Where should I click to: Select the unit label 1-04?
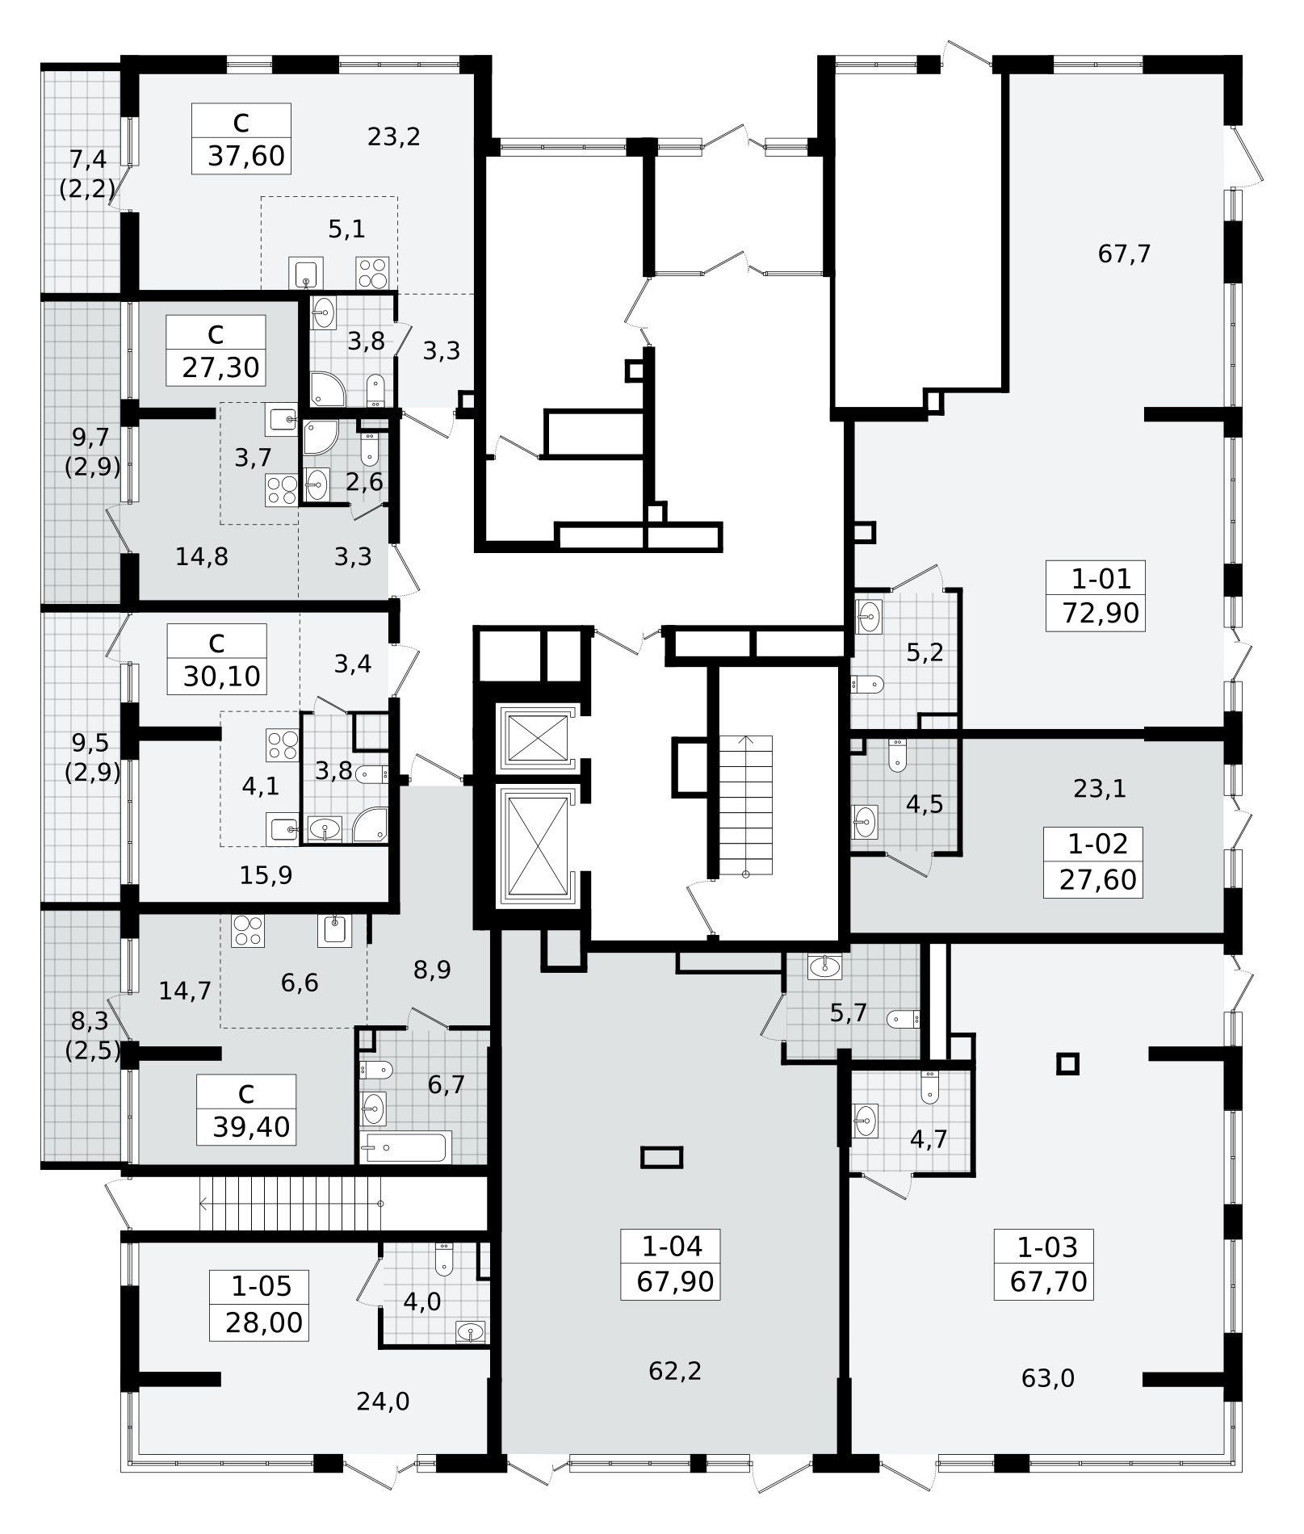[x=672, y=1246]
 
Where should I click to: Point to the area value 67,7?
[x=1124, y=254]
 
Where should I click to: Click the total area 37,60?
[x=246, y=156]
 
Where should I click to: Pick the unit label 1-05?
[x=261, y=1285]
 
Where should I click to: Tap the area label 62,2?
[x=675, y=1371]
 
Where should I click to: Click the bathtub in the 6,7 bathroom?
[x=405, y=1146]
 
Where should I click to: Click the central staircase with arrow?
[x=745, y=805]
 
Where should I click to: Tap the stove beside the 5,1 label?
[x=372, y=272]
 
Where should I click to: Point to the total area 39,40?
[x=251, y=1127]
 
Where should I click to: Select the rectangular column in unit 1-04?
[x=661, y=1158]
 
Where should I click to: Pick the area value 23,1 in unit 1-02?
[x=1100, y=789]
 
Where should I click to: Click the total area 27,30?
[x=220, y=368]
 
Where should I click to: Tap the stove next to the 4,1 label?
[x=282, y=744]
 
